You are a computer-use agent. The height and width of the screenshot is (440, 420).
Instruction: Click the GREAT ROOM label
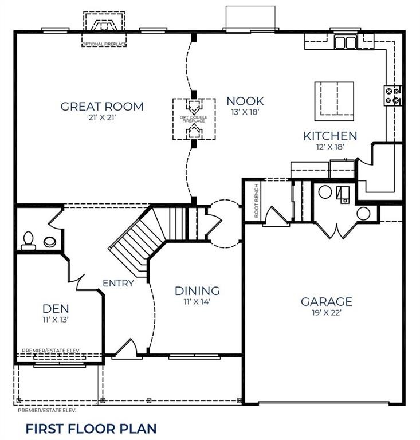(x=102, y=107)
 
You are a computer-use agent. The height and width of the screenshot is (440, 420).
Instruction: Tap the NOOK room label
(x=245, y=101)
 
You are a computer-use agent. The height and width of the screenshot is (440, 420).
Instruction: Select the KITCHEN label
(x=330, y=136)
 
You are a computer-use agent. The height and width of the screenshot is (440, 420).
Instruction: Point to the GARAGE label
(x=327, y=302)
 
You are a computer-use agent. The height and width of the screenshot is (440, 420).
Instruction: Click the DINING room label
(x=197, y=291)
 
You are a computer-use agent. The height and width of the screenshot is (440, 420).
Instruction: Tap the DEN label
(x=56, y=309)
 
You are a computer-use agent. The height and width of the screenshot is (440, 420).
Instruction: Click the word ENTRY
(x=118, y=283)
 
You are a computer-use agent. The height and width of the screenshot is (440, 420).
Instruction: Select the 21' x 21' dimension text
(x=102, y=118)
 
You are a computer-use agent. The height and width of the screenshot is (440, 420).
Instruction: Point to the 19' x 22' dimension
(x=326, y=313)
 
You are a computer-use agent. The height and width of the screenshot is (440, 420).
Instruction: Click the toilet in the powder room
(x=28, y=241)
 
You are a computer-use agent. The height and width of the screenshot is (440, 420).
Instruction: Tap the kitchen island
(x=333, y=101)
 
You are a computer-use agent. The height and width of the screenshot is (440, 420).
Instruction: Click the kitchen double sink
(x=345, y=42)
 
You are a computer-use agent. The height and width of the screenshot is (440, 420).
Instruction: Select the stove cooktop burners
(x=393, y=95)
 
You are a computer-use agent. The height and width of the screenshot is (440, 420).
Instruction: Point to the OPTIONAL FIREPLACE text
(x=104, y=44)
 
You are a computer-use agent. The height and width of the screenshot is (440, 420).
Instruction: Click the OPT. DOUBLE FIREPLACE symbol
(x=194, y=119)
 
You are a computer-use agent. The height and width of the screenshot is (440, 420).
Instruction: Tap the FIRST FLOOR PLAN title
(x=91, y=428)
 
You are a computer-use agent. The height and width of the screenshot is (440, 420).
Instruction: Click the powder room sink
(x=50, y=242)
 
